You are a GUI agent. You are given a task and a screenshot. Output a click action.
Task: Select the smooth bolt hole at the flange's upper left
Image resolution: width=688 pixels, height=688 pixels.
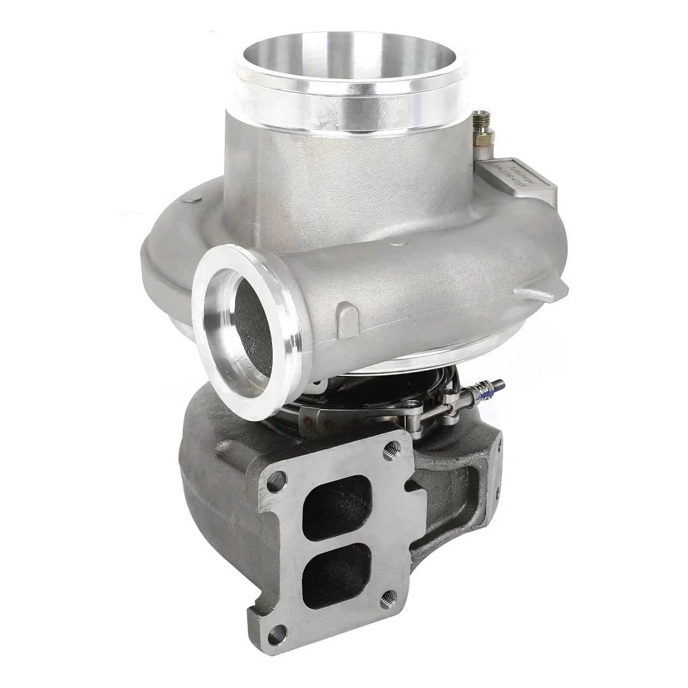[276, 481]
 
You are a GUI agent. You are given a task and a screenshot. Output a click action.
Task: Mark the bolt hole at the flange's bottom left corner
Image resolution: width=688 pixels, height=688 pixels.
[276, 634]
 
